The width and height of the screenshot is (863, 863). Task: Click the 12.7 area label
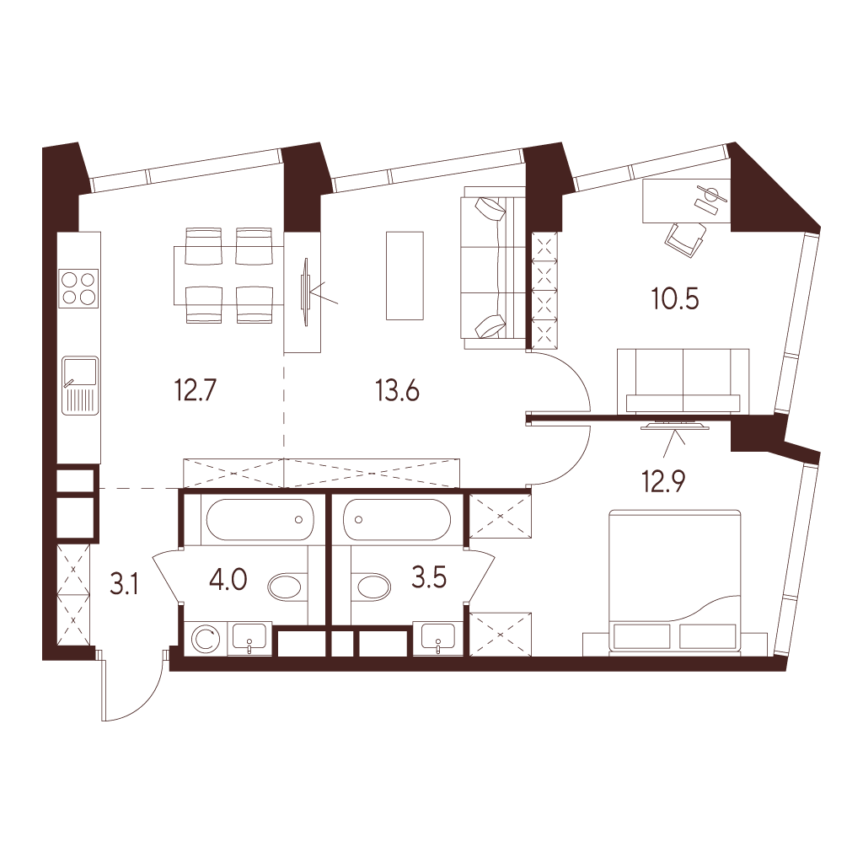196,391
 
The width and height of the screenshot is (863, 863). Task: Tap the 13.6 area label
398,391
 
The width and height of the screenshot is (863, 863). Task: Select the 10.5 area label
675,299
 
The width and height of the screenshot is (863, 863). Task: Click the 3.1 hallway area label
124,584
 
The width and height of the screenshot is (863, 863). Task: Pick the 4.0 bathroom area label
228,580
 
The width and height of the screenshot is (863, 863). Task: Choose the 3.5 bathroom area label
429,578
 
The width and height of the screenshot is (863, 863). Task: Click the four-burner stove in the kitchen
80,288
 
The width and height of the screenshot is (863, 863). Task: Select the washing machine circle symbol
206,640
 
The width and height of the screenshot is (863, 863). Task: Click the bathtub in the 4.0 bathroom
260,520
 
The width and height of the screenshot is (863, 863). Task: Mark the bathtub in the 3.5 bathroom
397,520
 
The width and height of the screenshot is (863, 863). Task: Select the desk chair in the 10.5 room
685,239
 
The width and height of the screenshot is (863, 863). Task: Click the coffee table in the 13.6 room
405,276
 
